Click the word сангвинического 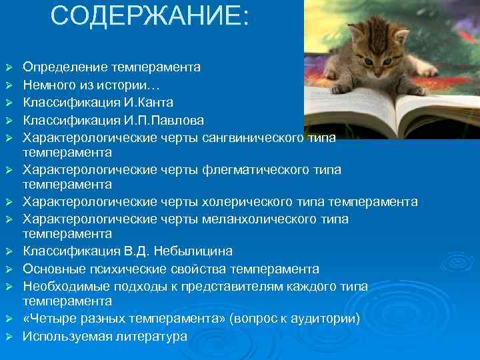tap(253, 137)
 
